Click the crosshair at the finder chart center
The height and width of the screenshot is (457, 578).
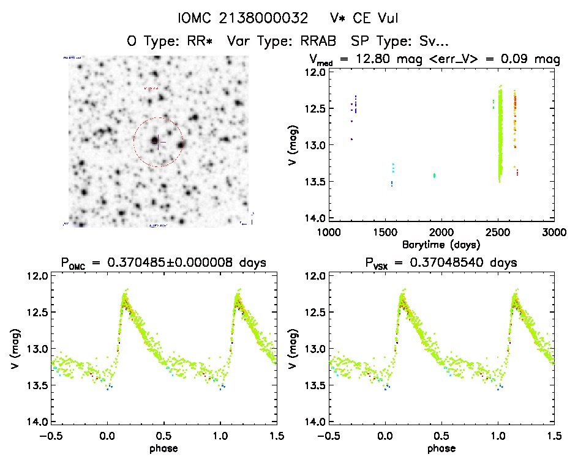[x=159, y=142]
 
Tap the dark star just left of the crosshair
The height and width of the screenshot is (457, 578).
[x=154, y=141]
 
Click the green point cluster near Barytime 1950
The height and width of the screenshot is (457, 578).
[x=434, y=176]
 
